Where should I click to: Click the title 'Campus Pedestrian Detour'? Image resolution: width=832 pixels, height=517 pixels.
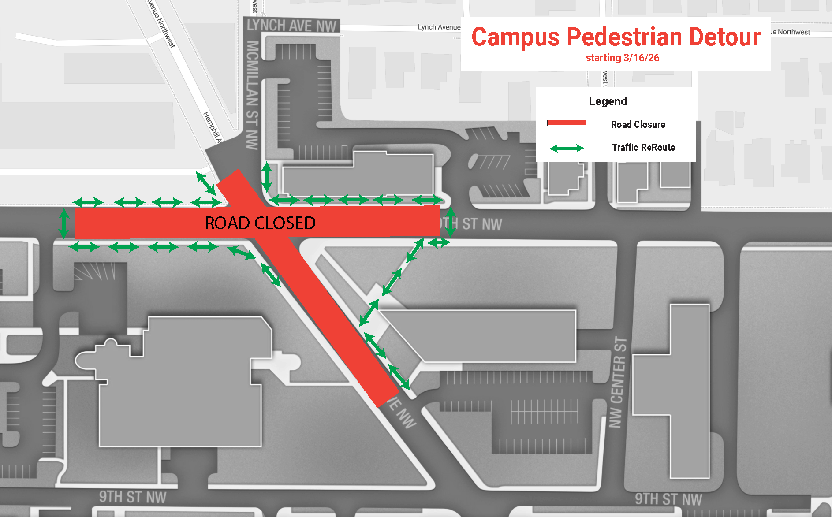(x=616, y=37)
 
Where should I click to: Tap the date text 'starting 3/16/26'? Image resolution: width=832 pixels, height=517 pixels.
(x=622, y=58)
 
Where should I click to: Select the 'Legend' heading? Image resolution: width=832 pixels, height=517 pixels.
(x=608, y=101)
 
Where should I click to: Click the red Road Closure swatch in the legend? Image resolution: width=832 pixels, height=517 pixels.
(x=567, y=123)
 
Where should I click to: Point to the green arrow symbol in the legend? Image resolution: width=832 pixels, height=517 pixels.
(x=567, y=149)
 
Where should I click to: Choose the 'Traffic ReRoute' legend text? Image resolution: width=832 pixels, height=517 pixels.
(x=643, y=148)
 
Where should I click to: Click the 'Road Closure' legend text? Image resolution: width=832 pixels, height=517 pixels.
(x=638, y=125)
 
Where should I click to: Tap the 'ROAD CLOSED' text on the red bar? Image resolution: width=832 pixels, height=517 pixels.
(x=260, y=223)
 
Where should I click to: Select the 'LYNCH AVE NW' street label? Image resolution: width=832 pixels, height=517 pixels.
(x=291, y=26)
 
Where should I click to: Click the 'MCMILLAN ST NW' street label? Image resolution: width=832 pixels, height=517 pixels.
(x=252, y=95)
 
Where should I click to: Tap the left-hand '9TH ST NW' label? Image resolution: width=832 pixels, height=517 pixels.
(x=132, y=497)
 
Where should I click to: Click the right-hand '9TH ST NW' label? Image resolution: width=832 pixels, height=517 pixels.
(x=668, y=499)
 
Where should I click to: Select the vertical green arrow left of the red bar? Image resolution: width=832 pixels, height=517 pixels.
(x=64, y=224)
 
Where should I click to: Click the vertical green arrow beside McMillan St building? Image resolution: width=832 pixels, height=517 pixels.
(x=267, y=177)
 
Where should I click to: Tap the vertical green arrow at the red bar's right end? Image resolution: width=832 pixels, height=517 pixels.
(x=450, y=222)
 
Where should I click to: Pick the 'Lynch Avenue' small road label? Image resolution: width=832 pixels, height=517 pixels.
(x=439, y=27)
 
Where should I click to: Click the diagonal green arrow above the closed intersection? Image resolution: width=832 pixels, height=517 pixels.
(x=205, y=183)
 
